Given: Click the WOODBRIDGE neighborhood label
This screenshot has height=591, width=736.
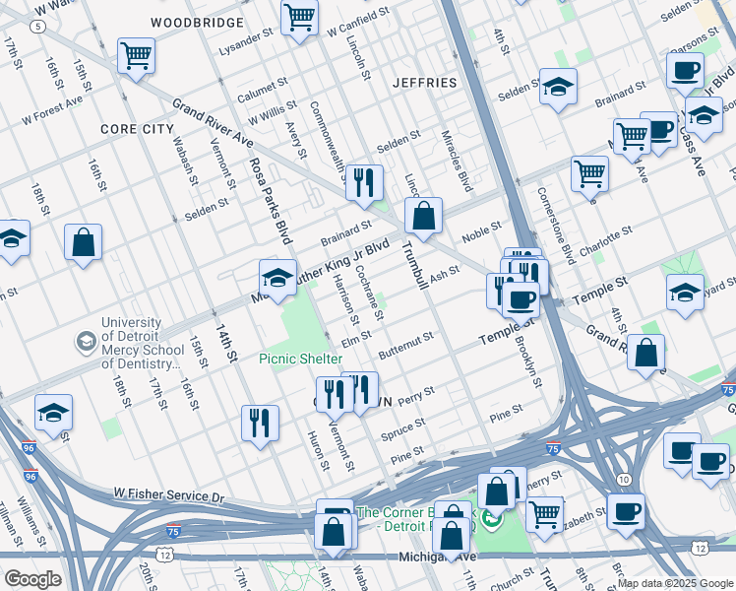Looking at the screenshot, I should coord(198,22).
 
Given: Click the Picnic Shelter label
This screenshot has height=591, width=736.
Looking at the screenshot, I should coord(301,359).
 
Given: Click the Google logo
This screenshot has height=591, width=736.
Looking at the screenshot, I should coord(32,578).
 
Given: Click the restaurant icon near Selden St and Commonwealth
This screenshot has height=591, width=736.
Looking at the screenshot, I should coord(365,181).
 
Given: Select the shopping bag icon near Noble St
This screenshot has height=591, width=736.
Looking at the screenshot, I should coord(423,216).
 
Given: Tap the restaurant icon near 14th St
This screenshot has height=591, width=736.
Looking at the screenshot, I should coord(260,424).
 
